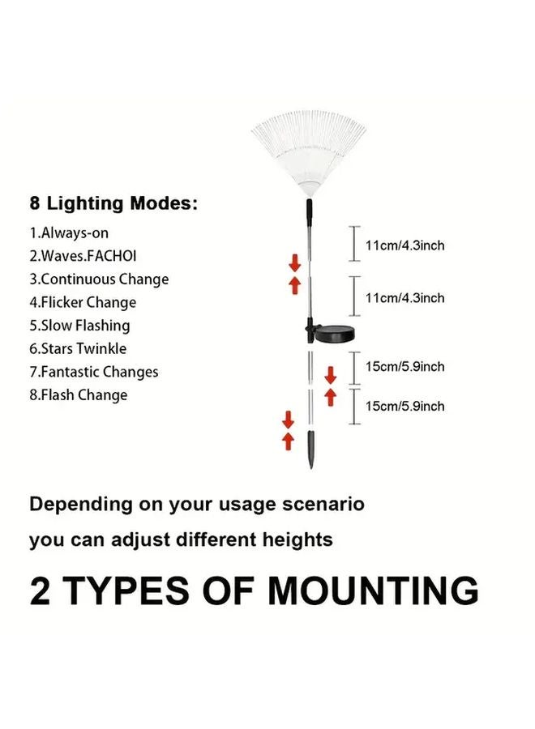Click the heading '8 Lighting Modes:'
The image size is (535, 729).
tap(113, 203)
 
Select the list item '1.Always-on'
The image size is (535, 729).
tap(69, 232)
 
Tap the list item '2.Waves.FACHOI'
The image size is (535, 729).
tap(83, 256)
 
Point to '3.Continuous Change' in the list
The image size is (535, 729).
tap(99, 279)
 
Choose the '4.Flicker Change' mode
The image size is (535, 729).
tap(83, 303)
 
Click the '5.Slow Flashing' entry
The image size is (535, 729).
tap(79, 326)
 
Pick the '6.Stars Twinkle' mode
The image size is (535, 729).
tap(78, 349)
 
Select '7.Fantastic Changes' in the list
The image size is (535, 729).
tap(93, 373)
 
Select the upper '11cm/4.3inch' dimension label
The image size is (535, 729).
tap(404, 245)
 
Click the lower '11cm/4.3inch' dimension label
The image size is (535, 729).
tap(404, 298)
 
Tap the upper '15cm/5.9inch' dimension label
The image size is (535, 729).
tap(404, 367)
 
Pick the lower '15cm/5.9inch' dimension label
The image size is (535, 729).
tap(404, 406)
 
